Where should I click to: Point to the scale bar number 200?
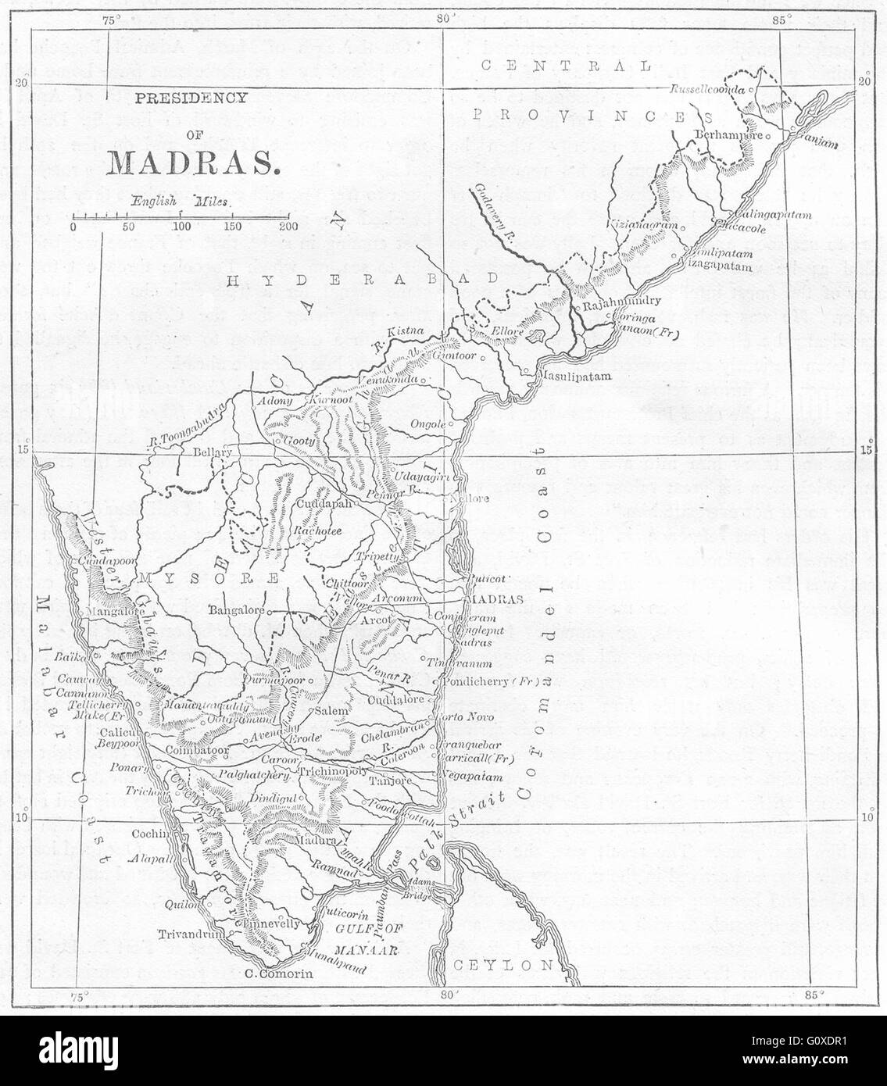click(288, 227)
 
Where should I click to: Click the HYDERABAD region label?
click(362, 278)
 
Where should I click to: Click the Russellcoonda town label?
click(706, 90)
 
